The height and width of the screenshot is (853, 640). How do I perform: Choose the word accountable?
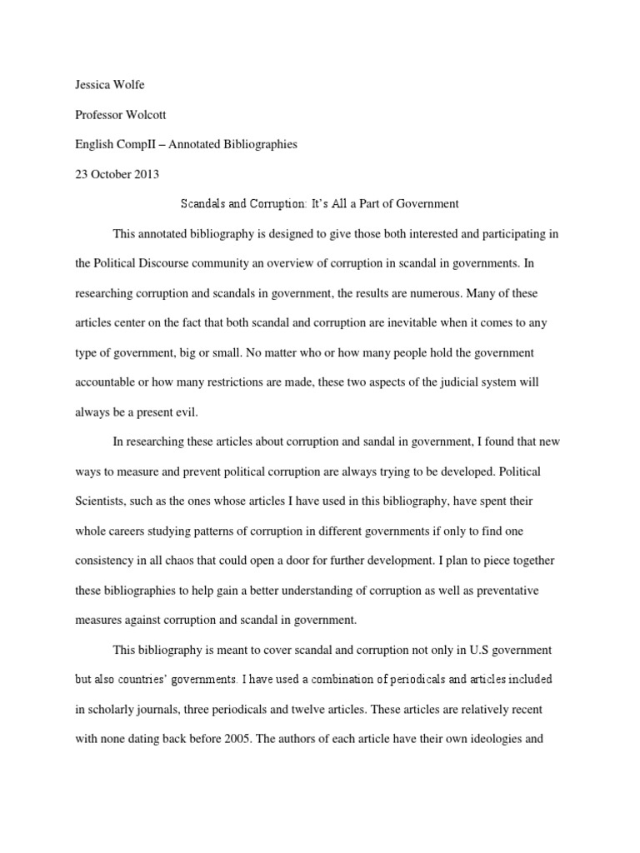102,382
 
